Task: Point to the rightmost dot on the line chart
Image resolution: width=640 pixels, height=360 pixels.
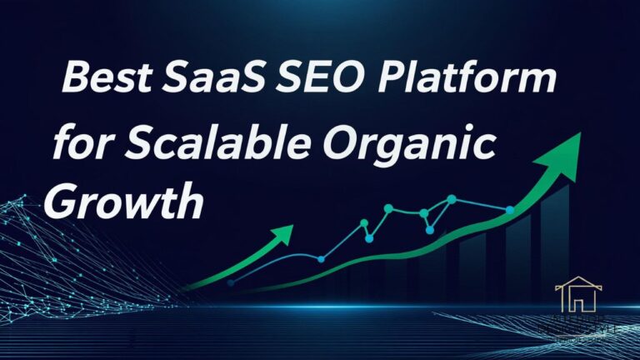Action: (x=510, y=209)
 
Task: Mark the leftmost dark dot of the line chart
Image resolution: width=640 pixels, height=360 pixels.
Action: (x=231, y=283)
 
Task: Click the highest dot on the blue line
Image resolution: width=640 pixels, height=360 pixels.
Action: (x=451, y=199)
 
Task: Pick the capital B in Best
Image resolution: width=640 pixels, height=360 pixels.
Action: (x=77, y=82)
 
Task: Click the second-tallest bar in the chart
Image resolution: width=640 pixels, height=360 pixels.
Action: (x=517, y=254)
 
